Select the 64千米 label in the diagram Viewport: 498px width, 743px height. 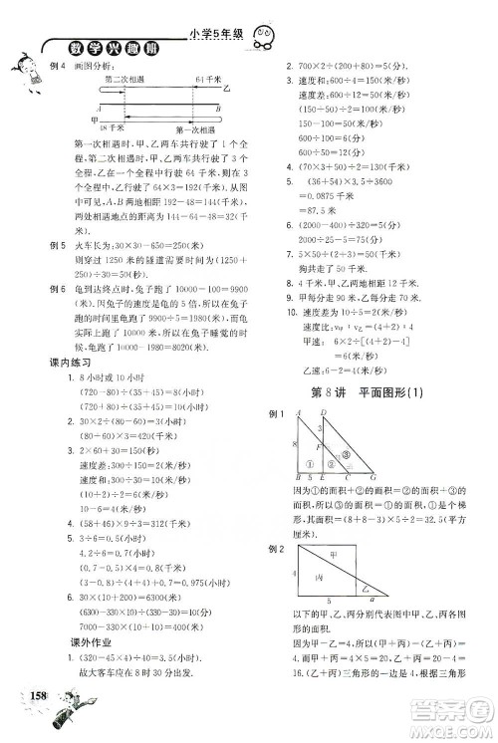click(206, 78)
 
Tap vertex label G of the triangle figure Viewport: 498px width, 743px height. click(372, 477)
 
